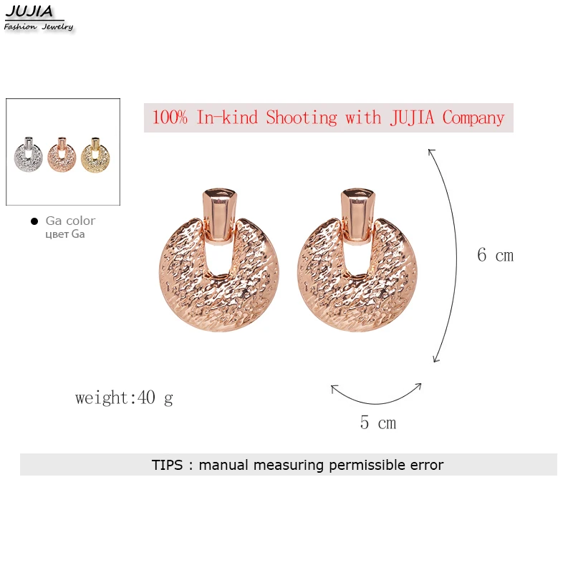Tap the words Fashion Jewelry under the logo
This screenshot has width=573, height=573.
[39, 27]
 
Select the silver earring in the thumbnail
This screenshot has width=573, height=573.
[29, 153]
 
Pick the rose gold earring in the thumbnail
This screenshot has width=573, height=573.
[62, 153]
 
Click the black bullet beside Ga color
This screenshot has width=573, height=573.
[34, 221]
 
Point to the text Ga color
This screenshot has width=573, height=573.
[70, 221]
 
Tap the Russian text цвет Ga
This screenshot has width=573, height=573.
[64, 234]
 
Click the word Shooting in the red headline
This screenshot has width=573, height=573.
[304, 117]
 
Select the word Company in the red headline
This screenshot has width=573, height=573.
[473, 117]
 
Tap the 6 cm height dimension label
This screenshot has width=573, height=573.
[495, 255]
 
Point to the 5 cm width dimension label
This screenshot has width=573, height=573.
[377, 423]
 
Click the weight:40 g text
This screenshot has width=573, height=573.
[124, 398]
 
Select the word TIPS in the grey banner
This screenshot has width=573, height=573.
[168, 465]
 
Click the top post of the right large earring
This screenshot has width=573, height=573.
[359, 212]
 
